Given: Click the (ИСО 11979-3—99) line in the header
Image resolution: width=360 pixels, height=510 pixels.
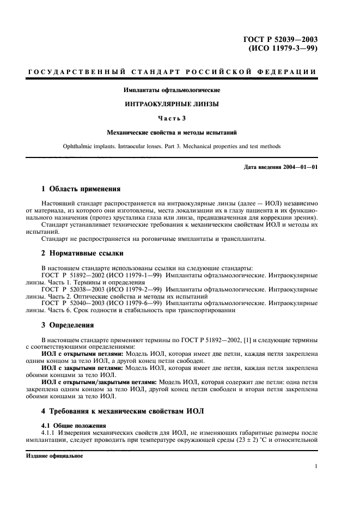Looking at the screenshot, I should pyautogui.click(x=283, y=48).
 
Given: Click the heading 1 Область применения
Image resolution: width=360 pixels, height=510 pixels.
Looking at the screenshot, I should pyautogui.click(x=81, y=189).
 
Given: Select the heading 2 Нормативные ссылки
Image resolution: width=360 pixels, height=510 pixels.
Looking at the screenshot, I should pyautogui.click(x=83, y=253).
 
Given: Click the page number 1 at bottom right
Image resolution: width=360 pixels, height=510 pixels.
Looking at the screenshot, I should pyautogui.click(x=316, y=466).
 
